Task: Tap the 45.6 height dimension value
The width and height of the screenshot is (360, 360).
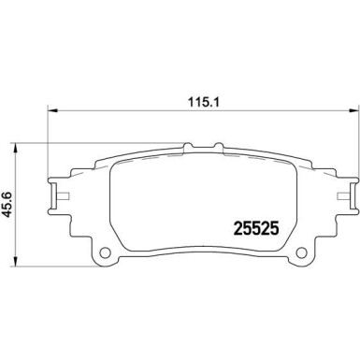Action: click(9, 200)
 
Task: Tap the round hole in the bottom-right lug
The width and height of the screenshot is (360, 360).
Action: click(301, 253)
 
